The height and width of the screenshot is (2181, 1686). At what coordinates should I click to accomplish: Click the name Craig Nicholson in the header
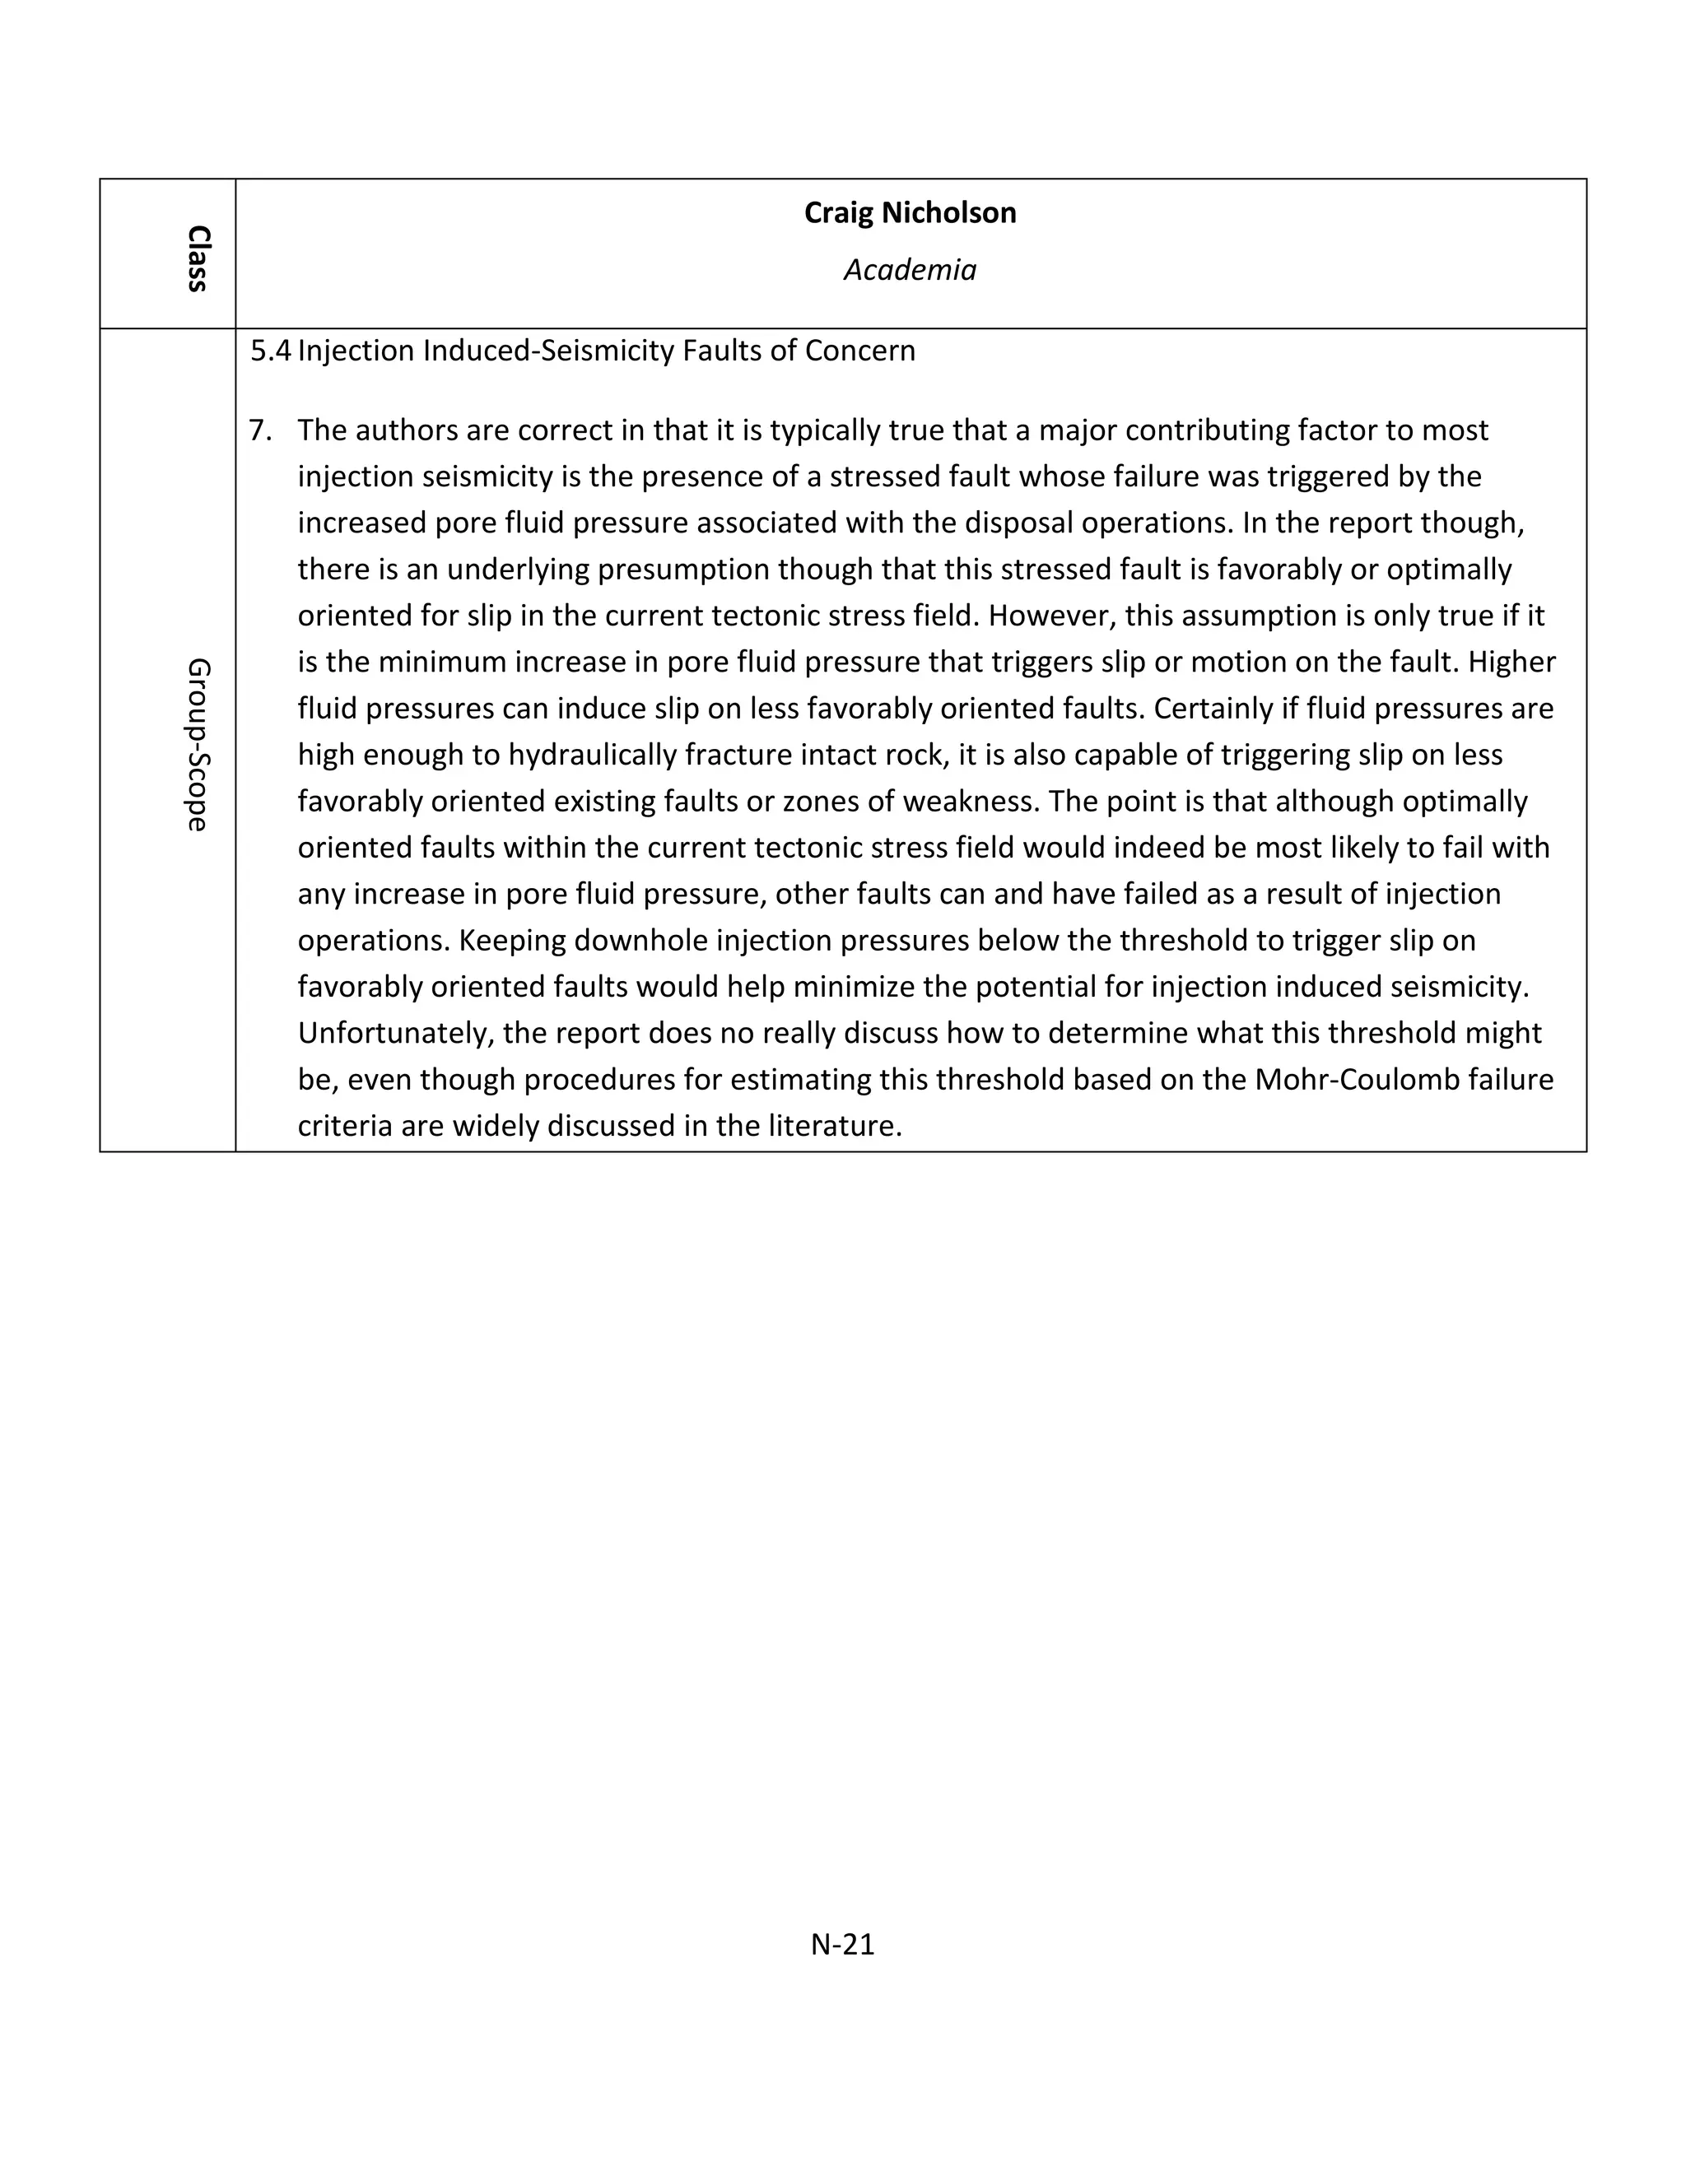(x=910, y=212)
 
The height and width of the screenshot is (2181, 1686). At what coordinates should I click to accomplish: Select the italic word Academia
(x=910, y=270)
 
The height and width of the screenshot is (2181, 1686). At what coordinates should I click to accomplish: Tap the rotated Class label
(x=198, y=258)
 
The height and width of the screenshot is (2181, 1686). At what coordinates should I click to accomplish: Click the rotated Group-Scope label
(x=198, y=744)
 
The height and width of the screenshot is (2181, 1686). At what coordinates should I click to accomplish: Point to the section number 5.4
(x=271, y=351)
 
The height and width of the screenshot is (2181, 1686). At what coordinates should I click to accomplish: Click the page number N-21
(x=842, y=1944)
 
